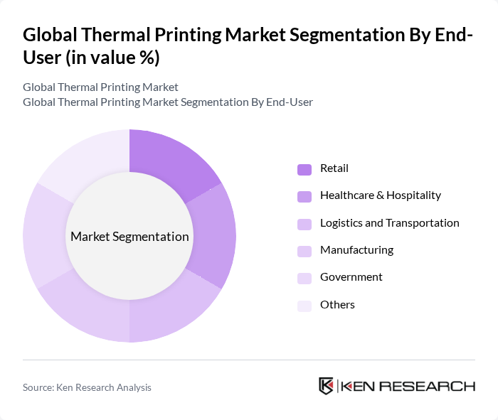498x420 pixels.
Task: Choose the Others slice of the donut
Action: (87, 159)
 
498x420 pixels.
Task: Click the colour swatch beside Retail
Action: (304, 169)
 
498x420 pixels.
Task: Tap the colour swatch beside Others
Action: (304, 306)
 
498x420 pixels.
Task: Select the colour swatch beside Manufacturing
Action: (304, 251)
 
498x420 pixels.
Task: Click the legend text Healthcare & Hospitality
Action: (381, 195)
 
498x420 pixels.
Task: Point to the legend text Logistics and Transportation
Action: (389, 223)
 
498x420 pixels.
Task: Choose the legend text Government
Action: (351, 277)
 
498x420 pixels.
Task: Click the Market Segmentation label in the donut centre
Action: (129, 237)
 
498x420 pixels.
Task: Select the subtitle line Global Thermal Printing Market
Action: (100, 87)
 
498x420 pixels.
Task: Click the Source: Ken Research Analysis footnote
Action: (87, 387)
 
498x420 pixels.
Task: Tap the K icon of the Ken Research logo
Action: (326, 386)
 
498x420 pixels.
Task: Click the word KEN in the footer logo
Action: (360, 387)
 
